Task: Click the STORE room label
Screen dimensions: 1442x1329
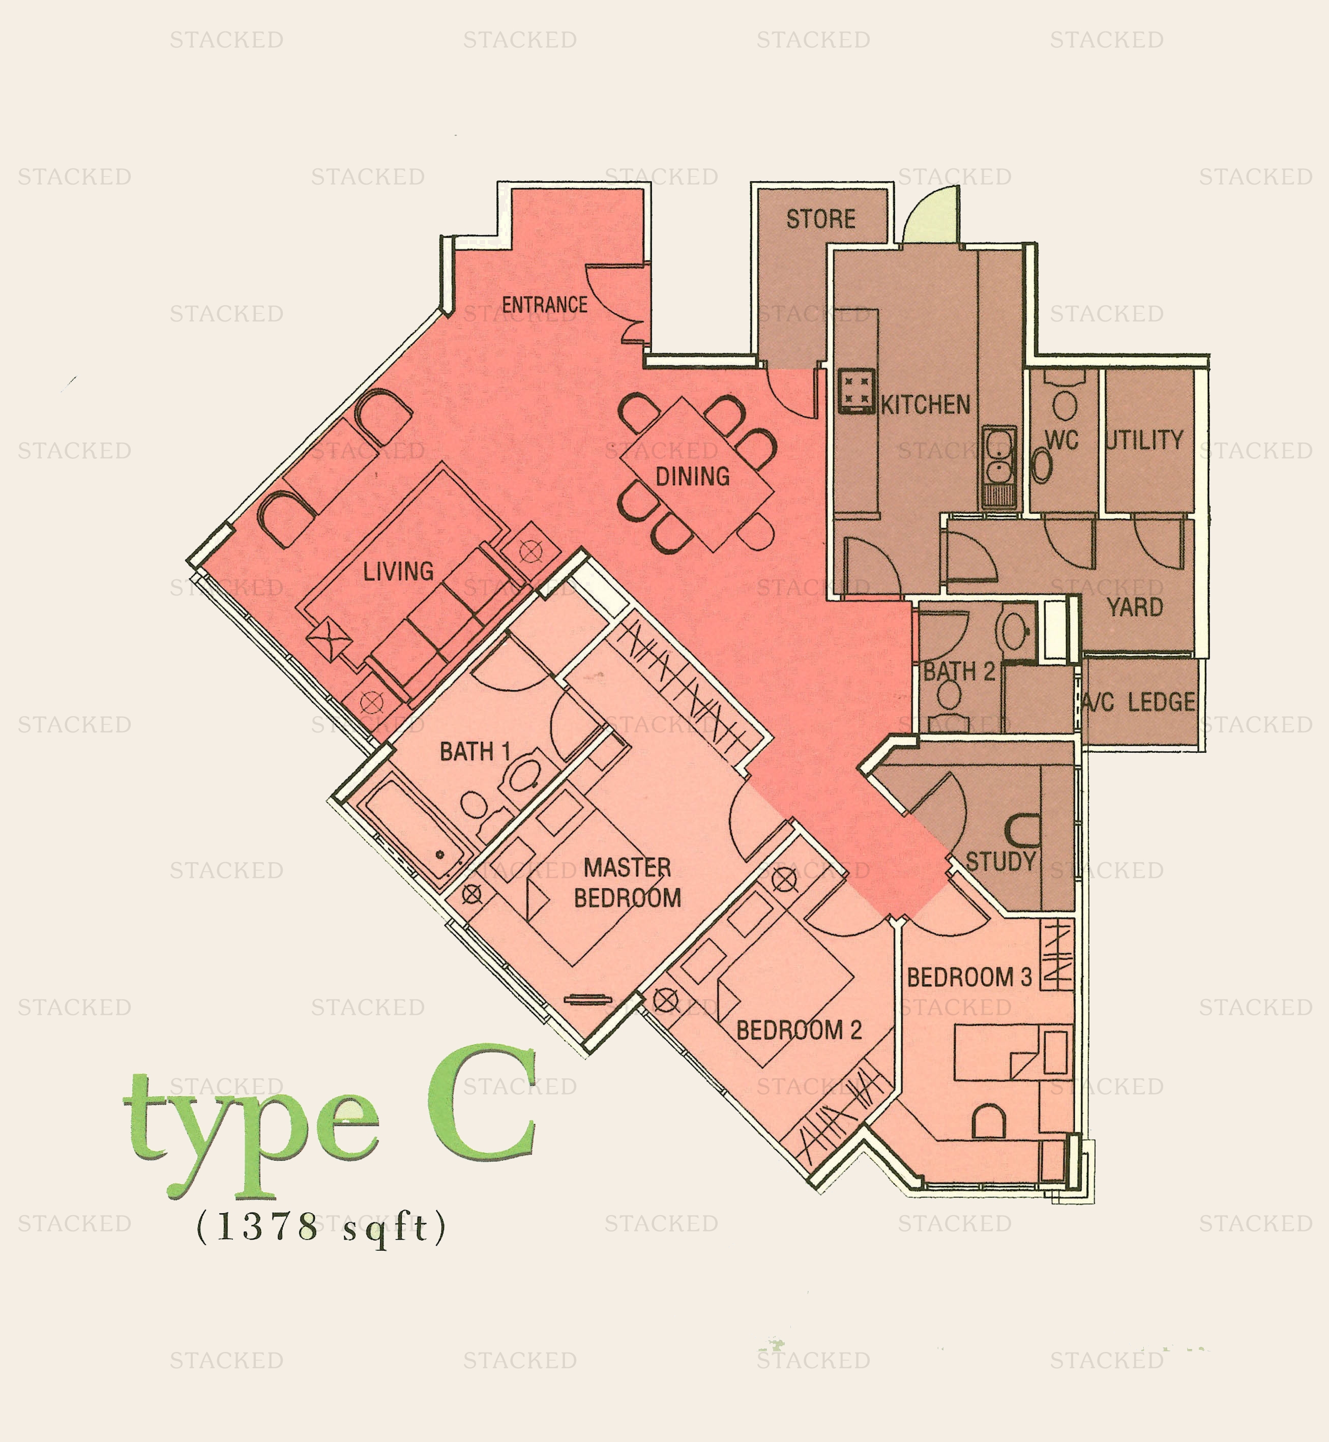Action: coord(820,219)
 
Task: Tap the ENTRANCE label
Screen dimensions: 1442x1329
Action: coord(544,305)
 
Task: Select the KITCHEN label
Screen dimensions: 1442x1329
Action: coord(926,405)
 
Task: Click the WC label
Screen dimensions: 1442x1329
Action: coord(1061,440)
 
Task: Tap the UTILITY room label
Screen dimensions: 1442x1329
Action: coord(1145,440)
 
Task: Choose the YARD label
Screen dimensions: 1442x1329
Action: coord(1135,608)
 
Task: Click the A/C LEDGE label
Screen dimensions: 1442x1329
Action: coord(1139,702)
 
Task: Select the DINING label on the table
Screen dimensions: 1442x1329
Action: coord(693,476)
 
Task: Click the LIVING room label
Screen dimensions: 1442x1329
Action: coord(398,572)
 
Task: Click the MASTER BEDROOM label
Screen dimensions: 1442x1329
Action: coord(627,882)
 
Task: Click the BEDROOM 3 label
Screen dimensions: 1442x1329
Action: coord(969,978)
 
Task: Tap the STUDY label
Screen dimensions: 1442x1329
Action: coord(1000,862)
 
